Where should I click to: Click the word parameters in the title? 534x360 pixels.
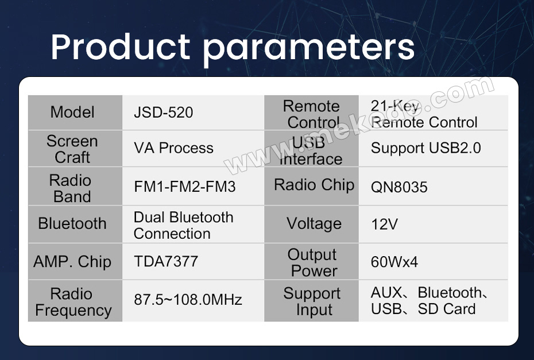309,50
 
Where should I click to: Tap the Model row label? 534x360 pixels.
72,112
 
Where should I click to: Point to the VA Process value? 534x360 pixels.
173,148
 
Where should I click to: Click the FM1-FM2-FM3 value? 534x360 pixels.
185,187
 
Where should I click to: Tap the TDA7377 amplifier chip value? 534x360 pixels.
166,261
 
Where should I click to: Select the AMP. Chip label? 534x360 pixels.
72,262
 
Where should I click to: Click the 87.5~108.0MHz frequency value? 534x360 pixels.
188,299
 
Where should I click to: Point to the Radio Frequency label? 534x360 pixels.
73,302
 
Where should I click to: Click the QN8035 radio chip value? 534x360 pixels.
399,187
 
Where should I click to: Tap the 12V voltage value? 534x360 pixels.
384,224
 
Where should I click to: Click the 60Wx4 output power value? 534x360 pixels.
394,262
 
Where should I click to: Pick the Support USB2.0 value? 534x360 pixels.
425,148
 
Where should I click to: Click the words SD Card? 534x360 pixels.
447,309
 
